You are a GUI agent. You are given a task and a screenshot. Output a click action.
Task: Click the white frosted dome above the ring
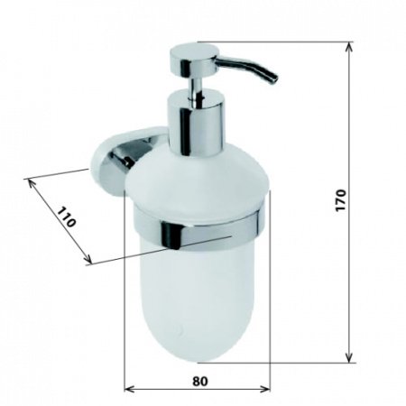tap(194, 180)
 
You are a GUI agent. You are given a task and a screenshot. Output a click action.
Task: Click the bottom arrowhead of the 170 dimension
tap(348, 358)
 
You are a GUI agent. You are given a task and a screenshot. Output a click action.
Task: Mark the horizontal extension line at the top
tap(271, 42)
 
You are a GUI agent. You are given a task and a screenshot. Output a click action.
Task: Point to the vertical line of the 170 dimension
tap(348, 271)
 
